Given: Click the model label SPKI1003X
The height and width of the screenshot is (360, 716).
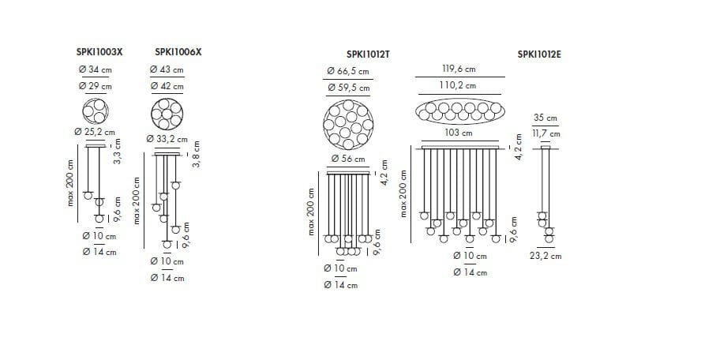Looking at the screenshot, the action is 99,52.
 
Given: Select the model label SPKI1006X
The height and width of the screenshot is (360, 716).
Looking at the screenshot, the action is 178,52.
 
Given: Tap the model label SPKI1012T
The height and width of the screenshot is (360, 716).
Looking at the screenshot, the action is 368,54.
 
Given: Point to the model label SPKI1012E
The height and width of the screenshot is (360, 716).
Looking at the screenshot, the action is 539,54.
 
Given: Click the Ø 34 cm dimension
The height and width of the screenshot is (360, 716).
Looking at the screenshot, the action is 95,69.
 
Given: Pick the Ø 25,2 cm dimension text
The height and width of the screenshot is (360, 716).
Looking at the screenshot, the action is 95,132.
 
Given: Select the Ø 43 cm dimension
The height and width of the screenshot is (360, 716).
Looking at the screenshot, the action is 167,69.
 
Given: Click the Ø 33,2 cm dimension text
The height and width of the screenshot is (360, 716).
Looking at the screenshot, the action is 167,139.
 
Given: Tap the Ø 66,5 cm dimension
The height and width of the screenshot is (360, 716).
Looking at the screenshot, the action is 348,71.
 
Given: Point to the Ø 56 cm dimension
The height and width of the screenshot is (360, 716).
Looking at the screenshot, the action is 348,159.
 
